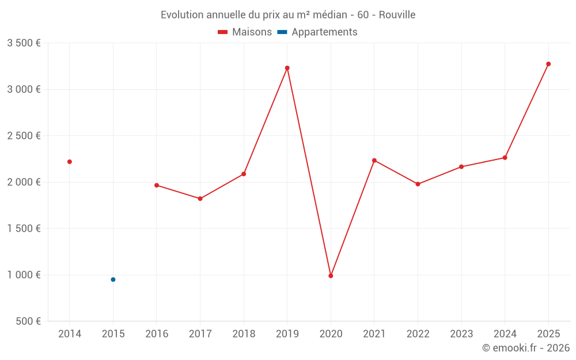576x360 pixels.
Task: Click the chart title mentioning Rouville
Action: click(x=288, y=14)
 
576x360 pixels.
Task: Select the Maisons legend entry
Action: click(x=245, y=32)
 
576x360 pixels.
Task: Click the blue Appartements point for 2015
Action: click(x=113, y=279)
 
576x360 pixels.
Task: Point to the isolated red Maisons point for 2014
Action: click(x=70, y=162)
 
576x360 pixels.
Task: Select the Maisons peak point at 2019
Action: click(x=287, y=68)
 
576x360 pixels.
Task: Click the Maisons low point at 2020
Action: click(x=331, y=276)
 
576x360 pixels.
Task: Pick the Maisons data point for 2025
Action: click(x=548, y=64)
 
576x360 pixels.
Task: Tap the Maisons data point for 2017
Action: click(x=200, y=199)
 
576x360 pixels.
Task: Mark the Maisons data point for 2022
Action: click(x=418, y=184)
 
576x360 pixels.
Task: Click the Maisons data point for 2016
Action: click(x=157, y=185)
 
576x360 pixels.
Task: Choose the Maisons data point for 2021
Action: click(x=374, y=160)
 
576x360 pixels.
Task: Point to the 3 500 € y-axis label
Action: click(x=24, y=43)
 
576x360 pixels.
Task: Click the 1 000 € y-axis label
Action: click(x=24, y=275)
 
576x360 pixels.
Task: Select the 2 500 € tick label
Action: click(x=24, y=136)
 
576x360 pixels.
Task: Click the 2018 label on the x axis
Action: click(x=244, y=334)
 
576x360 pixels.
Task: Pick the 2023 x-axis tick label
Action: click(x=461, y=334)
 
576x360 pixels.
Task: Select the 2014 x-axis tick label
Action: click(x=70, y=334)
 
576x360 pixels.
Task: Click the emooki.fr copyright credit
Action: click(x=525, y=348)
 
